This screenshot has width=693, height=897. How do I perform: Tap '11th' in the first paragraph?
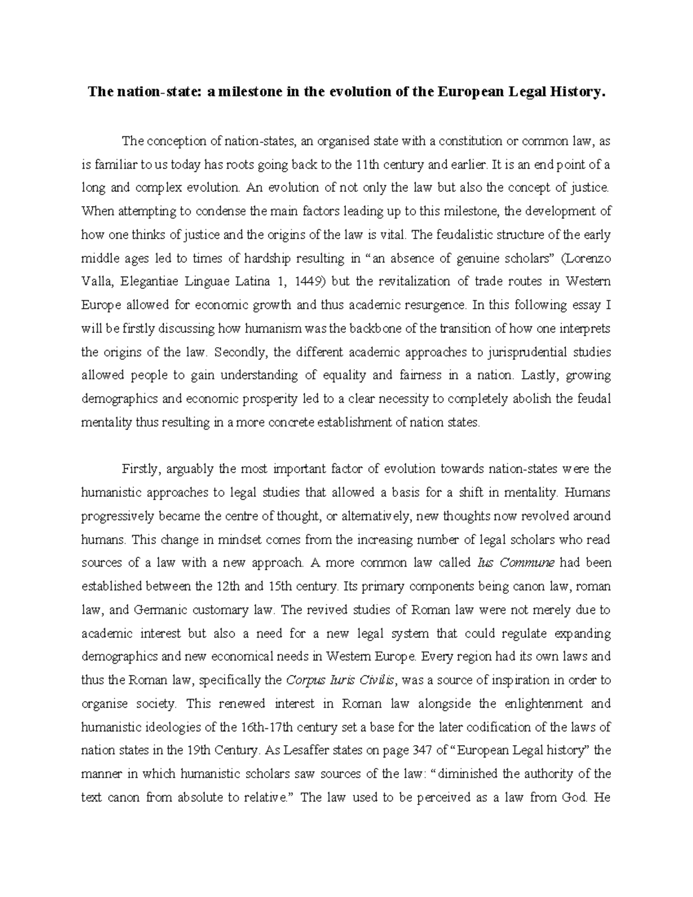pos(367,165)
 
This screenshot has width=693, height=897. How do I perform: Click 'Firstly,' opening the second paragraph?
pos(139,469)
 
